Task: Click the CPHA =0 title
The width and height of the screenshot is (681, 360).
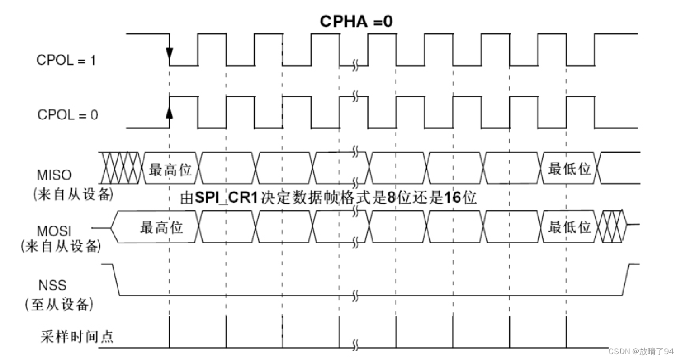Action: tap(356, 21)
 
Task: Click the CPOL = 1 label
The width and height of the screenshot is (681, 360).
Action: tap(67, 60)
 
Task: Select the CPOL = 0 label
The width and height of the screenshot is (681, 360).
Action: tap(68, 115)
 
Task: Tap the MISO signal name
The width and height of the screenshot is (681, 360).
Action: tap(54, 175)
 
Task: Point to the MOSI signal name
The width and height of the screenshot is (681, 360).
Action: tap(54, 230)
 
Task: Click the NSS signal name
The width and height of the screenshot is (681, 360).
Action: tap(53, 285)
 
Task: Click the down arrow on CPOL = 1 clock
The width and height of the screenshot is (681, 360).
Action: tap(169, 52)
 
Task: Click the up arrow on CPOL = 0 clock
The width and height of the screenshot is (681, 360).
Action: tap(169, 112)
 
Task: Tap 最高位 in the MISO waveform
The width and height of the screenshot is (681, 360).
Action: tap(170, 170)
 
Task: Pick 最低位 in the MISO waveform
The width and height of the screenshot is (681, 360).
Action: tap(569, 169)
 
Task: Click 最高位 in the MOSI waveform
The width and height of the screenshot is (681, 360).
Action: tap(161, 227)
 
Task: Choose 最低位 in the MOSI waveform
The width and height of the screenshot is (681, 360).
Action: tap(569, 227)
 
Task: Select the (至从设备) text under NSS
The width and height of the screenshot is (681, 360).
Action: tap(58, 305)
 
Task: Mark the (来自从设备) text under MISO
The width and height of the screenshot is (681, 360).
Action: tap(73, 195)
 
